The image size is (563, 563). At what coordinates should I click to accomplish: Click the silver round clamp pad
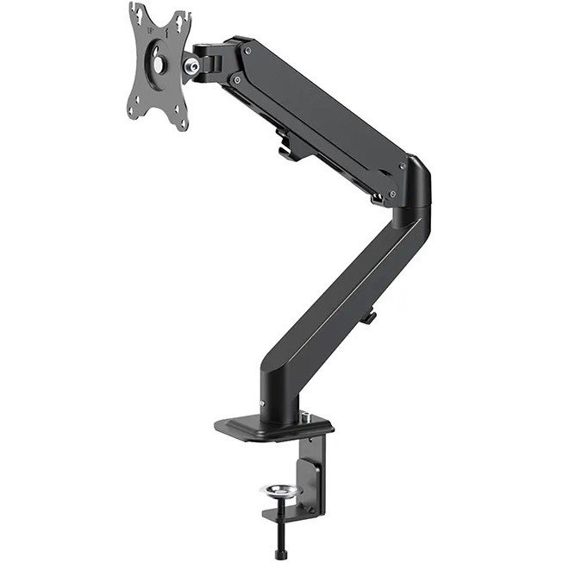click(278, 492)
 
